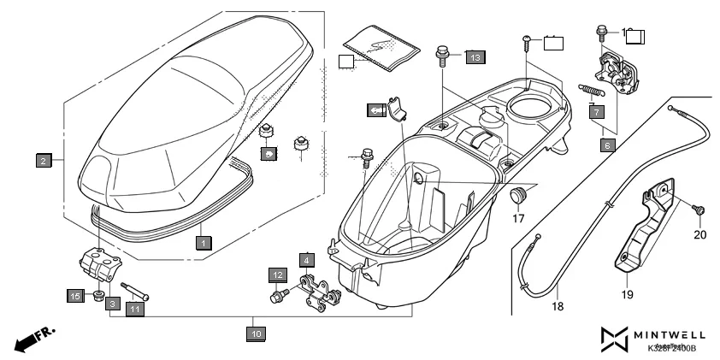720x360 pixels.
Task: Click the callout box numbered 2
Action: pyautogui.click(x=41, y=159)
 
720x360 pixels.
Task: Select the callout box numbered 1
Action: pyautogui.click(x=202, y=243)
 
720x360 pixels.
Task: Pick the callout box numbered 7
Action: pyautogui.click(x=597, y=111)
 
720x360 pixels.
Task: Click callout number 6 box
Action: pyautogui.click(x=606, y=145)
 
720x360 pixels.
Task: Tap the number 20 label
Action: pyautogui.click(x=700, y=235)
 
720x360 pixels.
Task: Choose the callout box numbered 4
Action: pyautogui.click(x=306, y=258)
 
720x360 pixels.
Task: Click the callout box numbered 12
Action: pyautogui.click(x=279, y=274)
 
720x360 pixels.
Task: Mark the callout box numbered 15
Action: pyautogui.click(x=75, y=295)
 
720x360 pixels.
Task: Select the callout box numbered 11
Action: pyautogui.click(x=136, y=310)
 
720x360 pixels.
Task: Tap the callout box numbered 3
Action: pyautogui.click(x=113, y=315)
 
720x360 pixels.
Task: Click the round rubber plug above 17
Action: pyautogui.click(x=518, y=198)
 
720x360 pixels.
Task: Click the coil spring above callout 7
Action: pyautogui.click(x=593, y=88)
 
